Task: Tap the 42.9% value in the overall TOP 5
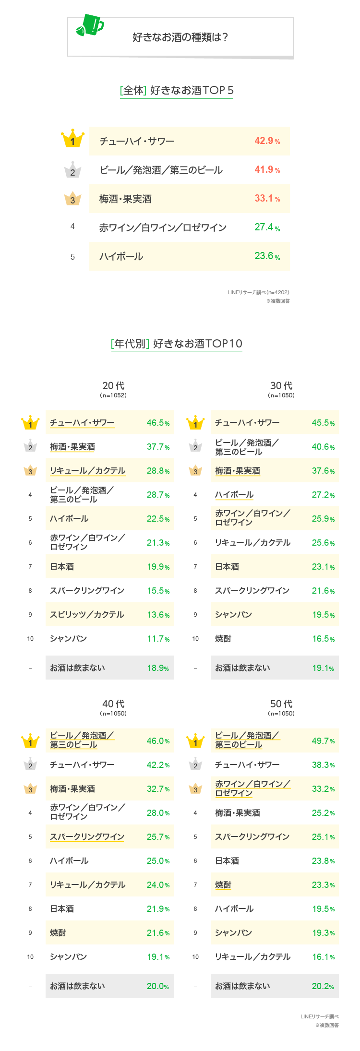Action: click(267, 141)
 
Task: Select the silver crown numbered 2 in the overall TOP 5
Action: click(72, 170)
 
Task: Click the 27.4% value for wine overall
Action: click(267, 227)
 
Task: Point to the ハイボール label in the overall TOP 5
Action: click(121, 256)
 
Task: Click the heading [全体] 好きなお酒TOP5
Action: click(177, 90)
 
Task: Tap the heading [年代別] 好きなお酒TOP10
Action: click(177, 344)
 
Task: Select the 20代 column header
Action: click(113, 386)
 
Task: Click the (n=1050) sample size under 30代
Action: click(281, 395)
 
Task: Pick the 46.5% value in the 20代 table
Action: click(158, 423)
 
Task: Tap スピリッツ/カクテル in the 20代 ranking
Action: click(87, 615)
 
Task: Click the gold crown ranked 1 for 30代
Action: click(195, 423)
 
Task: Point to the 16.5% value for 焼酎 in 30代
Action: click(323, 639)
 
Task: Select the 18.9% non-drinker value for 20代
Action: click(158, 668)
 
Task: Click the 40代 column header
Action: click(113, 704)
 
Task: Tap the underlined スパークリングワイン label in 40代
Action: click(87, 837)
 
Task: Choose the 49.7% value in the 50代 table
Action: click(323, 741)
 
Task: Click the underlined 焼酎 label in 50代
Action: click(223, 885)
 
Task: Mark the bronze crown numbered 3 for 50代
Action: click(195, 789)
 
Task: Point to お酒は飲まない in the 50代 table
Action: click(242, 986)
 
